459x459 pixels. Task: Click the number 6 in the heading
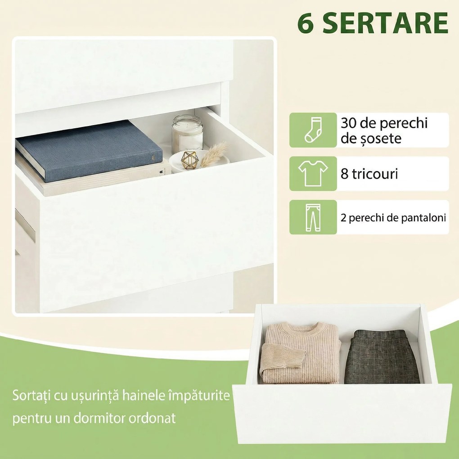[306, 24]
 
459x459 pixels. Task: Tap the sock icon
[313, 130]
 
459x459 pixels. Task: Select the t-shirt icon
[313, 173]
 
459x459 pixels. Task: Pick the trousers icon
[313, 217]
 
